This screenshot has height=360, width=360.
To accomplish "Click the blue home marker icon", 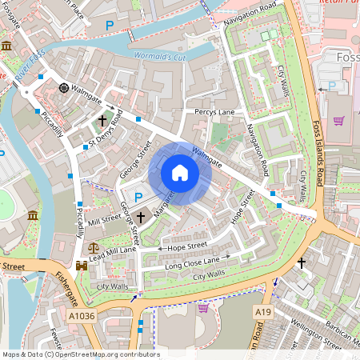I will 180,173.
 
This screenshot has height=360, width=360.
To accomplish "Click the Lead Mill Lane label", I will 112,253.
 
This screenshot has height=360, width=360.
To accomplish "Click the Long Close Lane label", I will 192,261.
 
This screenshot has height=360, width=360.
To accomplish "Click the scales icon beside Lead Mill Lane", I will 95,248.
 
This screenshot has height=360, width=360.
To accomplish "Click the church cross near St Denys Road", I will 102,120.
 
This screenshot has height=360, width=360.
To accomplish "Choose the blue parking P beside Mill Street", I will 138,198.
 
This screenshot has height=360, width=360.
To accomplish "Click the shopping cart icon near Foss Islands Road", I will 339,121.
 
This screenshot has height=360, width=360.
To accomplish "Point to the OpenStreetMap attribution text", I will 81,354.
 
